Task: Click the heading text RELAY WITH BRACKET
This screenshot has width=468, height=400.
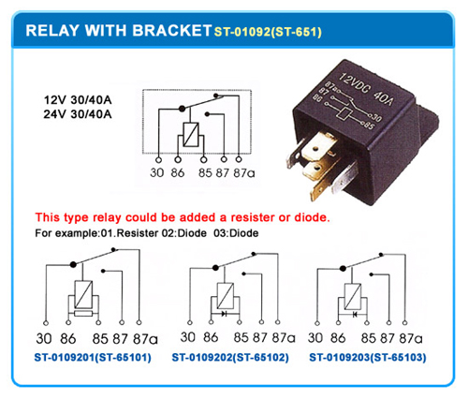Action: (112, 30)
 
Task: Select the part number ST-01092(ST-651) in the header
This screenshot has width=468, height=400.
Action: (268, 32)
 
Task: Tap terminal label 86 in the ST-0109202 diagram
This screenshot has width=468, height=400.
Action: (212, 337)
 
